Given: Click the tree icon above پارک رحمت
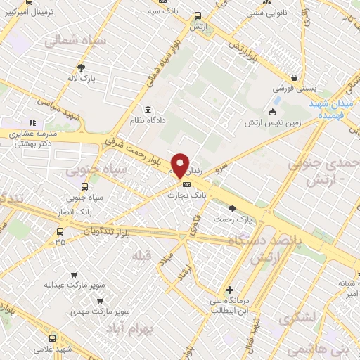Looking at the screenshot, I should tap(232, 208).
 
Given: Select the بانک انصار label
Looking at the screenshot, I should tap(83, 211).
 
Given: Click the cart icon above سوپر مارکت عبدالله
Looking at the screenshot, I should tap(74, 275).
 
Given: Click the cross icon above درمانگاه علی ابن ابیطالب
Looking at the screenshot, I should tap(229, 290).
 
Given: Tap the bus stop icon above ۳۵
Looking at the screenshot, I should tap(60, 231).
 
